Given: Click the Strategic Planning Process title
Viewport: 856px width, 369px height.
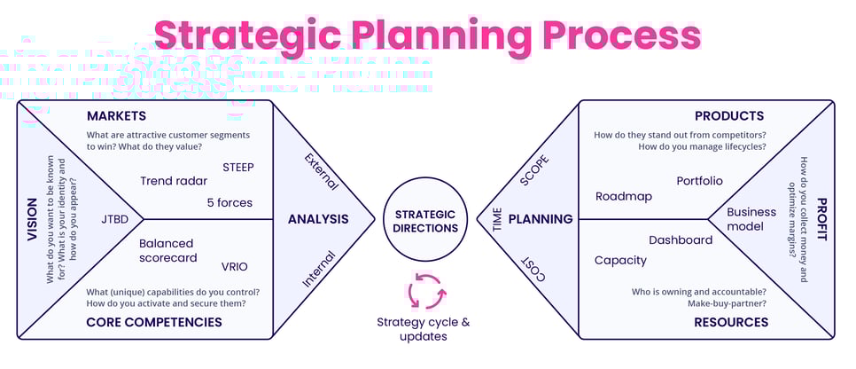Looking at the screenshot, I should (427, 36).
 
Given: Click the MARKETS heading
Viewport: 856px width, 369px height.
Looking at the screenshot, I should (116, 117).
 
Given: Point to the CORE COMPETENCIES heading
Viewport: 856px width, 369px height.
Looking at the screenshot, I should (154, 322).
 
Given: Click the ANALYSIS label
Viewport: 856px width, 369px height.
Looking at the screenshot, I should (318, 219).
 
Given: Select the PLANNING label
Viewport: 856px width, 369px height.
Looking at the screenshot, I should (540, 219).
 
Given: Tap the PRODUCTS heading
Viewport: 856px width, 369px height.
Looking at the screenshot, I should (729, 116).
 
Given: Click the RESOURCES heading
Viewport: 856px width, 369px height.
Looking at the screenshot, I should (731, 322).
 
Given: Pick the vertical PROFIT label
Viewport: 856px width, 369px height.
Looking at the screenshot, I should (821, 221).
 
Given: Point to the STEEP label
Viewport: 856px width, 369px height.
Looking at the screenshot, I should (240, 166).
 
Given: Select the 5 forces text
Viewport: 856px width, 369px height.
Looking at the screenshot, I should (230, 202).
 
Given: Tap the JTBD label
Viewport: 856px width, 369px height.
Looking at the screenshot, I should (116, 218).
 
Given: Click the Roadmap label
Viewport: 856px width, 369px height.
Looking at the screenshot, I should (624, 196).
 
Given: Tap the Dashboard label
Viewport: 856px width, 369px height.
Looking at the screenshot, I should (681, 240).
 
